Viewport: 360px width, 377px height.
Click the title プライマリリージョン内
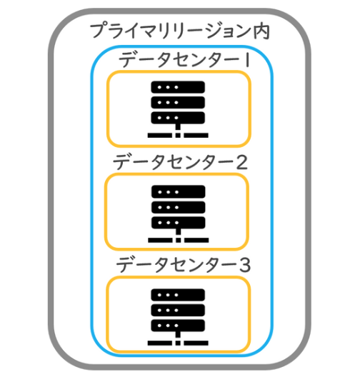tap(179, 31)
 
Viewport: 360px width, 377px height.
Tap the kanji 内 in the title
tap(261, 31)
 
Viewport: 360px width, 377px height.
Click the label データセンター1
tap(185, 60)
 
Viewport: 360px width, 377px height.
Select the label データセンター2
tap(181, 162)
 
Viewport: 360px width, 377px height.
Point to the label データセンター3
tap(184, 264)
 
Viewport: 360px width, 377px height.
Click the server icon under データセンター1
tap(178, 109)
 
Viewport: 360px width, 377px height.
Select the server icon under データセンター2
tap(178, 214)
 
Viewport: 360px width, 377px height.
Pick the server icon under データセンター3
tap(178, 317)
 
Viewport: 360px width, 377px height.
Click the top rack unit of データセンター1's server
tap(178, 87)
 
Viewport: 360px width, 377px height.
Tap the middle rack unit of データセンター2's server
tap(178, 207)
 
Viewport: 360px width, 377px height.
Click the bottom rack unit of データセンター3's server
tap(178, 326)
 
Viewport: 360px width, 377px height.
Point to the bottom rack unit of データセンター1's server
tap(178, 118)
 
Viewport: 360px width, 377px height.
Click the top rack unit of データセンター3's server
tap(178, 295)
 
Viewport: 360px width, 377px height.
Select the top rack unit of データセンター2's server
tap(178, 191)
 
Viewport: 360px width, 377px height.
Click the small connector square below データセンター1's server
tap(178, 136)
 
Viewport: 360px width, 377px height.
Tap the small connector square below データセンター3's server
tap(178, 343)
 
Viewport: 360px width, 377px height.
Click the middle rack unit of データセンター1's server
tap(178, 102)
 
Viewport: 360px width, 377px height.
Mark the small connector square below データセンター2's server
tap(178, 240)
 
